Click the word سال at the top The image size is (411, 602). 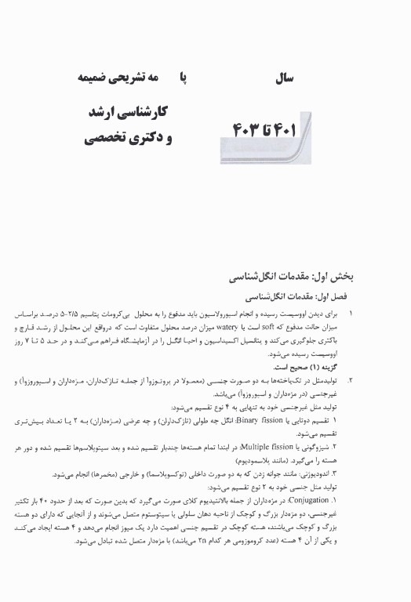click(x=280, y=78)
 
